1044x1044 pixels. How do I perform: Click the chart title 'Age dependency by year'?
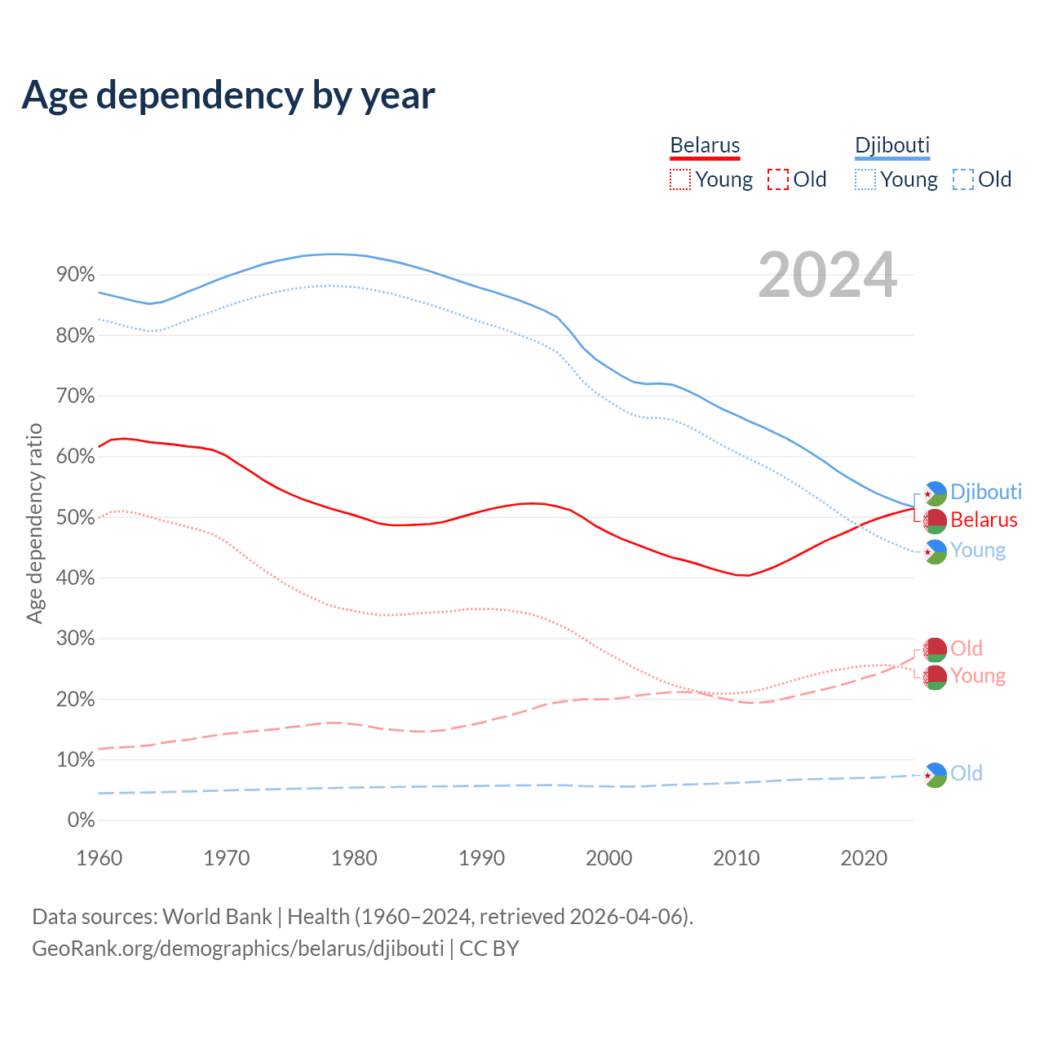pyautogui.click(x=228, y=95)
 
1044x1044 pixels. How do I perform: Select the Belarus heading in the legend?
pyautogui.click(x=705, y=146)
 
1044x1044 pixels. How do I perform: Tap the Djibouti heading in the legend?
pyautogui.click(x=891, y=146)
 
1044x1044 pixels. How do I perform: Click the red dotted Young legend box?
pyautogui.click(x=679, y=179)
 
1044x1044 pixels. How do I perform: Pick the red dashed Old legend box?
pyautogui.click(x=778, y=179)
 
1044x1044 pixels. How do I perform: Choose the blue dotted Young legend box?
pyautogui.click(x=865, y=179)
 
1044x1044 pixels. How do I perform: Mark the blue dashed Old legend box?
pyautogui.click(x=963, y=179)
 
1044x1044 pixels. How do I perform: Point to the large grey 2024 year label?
pyautogui.click(x=827, y=275)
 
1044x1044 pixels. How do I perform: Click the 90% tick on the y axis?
pyautogui.click(x=76, y=275)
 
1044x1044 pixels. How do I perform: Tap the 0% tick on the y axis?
pyautogui.click(x=82, y=820)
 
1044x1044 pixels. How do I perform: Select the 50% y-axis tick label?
pyautogui.click(x=76, y=517)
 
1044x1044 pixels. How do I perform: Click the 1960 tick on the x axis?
pyautogui.click(x=99, y=858)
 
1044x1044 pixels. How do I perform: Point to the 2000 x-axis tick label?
pyautogui.click(x=609, y=858)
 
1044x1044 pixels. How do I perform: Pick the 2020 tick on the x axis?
pyautogui.click(x=864, y=858)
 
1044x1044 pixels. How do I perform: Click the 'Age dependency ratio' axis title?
pyautogui.click(x=34, y=523)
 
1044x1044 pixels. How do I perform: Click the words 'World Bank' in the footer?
pyautogui.click(x=217, y=917)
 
